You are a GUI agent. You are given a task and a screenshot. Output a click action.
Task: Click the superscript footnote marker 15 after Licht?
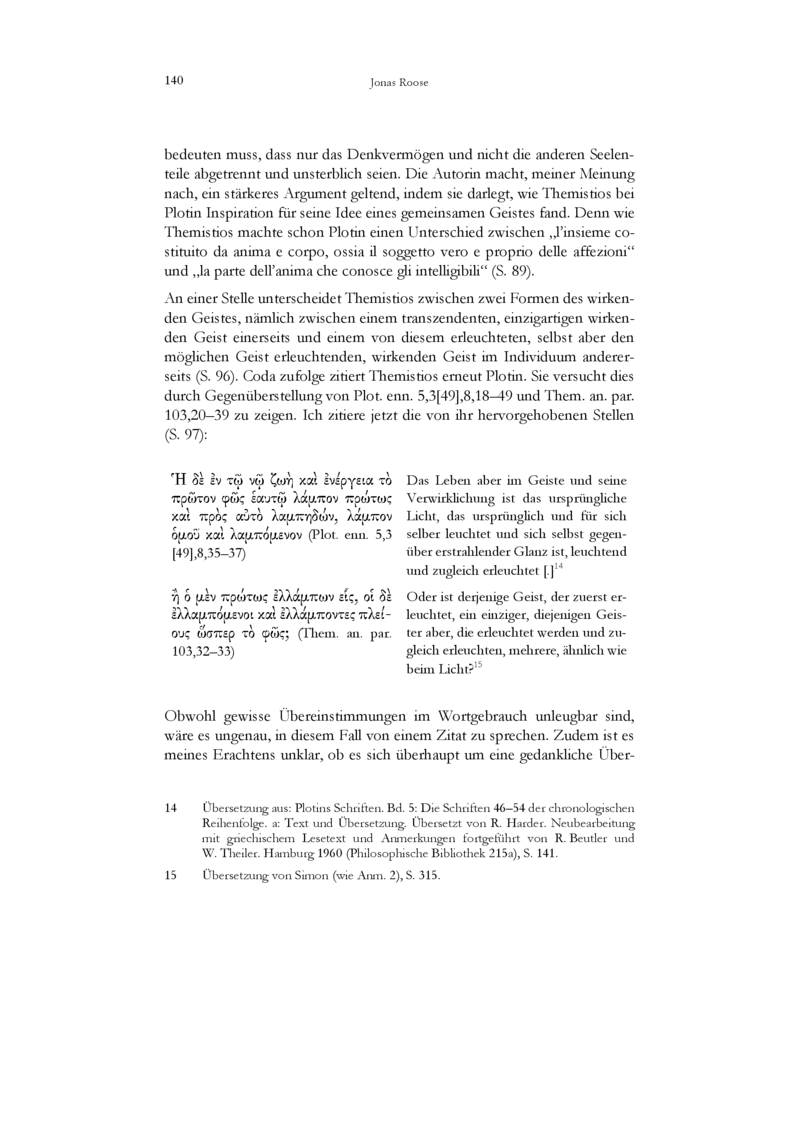479,666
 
